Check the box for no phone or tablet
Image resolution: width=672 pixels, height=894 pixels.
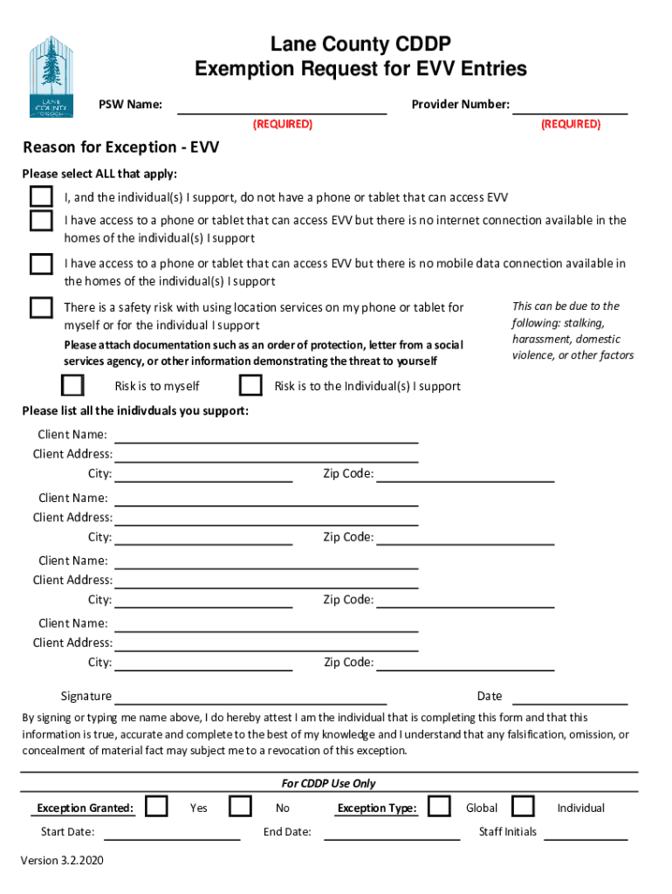pos(41,196)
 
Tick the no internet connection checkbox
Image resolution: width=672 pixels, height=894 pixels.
pos(41,220)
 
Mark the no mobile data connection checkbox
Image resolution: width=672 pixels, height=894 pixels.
pos(41,264)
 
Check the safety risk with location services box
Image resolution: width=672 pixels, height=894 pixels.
pos(41,307)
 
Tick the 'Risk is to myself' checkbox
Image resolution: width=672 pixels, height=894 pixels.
pos(72,385)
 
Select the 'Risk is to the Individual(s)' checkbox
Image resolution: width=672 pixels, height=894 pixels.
pos(250,385)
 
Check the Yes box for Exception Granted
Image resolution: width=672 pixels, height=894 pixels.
pos(157,806)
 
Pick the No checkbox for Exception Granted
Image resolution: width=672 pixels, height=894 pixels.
pos(240,806)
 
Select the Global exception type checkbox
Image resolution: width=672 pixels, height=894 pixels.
pos(440,806)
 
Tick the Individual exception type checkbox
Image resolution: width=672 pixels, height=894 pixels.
pos(523,806)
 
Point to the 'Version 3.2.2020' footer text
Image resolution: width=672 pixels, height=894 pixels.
pos(62,861)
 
